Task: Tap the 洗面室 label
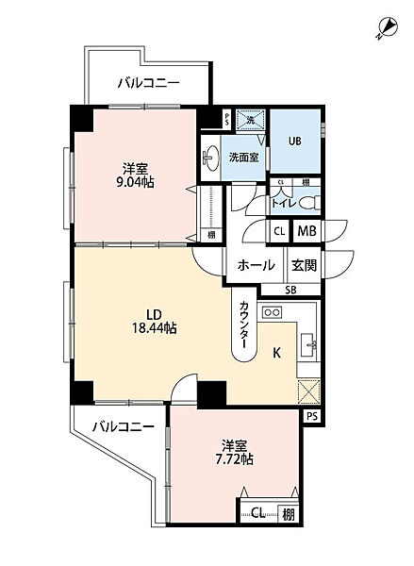244,158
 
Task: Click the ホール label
257,265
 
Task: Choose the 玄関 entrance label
305,265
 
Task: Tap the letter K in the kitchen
276,354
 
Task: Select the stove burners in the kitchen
273,311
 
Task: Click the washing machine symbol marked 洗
250,120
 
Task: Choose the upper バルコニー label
148,83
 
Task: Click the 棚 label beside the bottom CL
287,514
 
